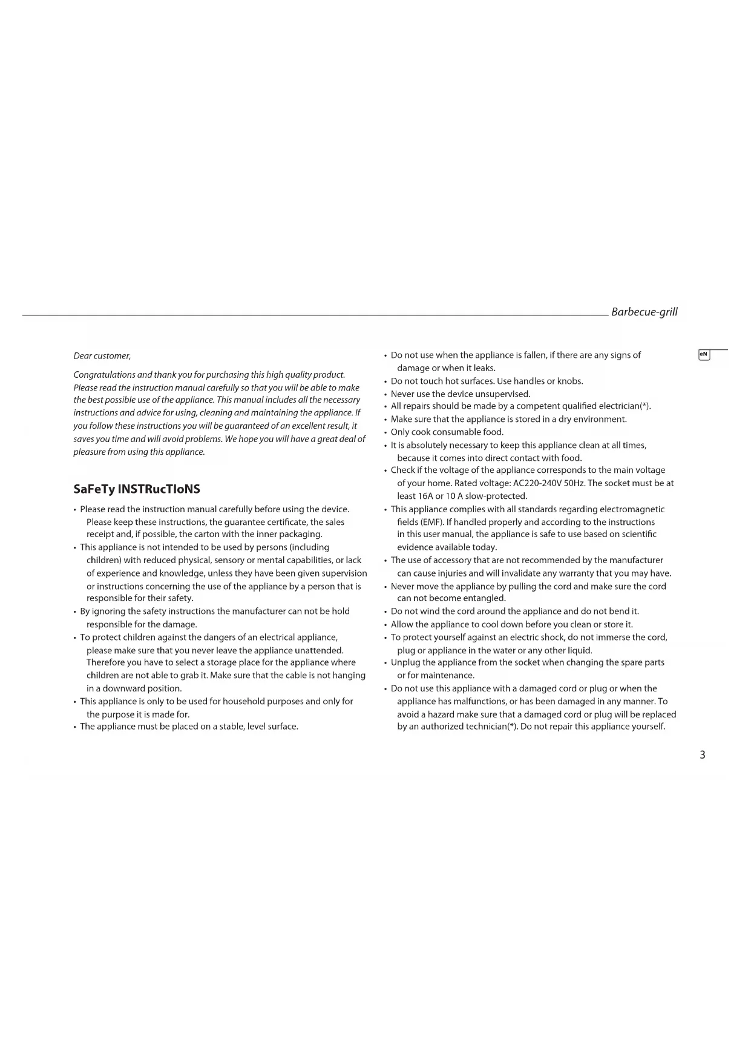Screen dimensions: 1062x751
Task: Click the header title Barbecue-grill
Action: (644, 312)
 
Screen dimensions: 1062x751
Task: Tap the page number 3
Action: (702, 755)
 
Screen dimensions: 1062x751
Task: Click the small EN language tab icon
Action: (704, 355)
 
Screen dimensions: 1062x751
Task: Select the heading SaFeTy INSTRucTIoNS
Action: (137, 489)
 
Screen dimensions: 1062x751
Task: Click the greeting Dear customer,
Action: (102, 356)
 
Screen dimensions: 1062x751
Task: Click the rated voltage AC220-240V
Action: (537, 483)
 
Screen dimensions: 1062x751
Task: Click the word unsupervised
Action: (502, 394)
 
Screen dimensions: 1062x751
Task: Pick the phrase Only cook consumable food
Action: (447, 432)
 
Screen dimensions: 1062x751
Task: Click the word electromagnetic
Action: (632, 509)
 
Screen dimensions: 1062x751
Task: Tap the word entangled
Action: (483, 598)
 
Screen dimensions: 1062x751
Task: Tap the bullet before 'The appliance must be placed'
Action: (74, 727)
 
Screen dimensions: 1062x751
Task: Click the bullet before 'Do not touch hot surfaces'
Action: (385, 382)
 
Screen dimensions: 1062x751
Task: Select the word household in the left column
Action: (246, 701)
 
